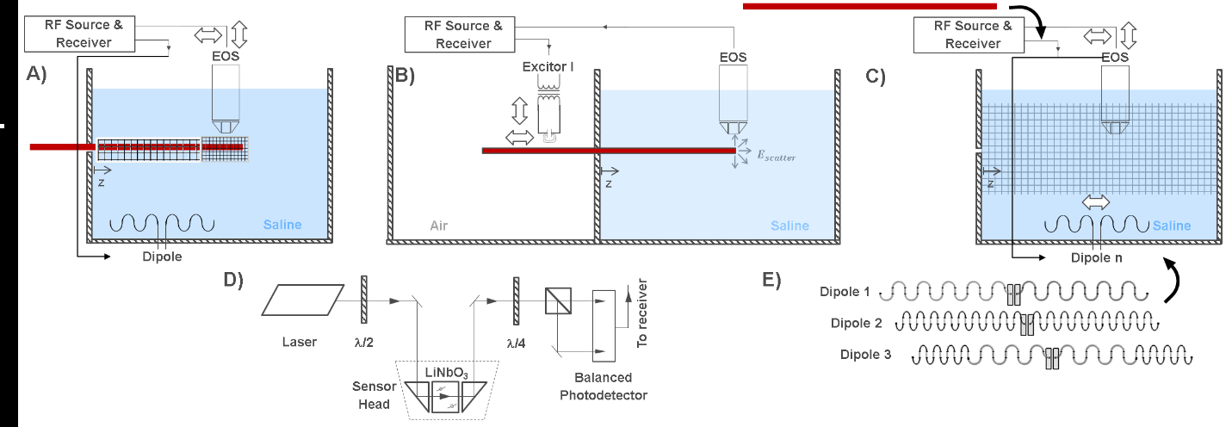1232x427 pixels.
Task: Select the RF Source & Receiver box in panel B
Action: pos(463,34)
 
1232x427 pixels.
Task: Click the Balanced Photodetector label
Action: pos(603,386)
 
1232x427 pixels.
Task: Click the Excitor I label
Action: pos(548,65)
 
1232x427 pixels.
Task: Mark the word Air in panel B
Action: pos(438,226)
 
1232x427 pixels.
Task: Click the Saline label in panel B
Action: pos(790,226)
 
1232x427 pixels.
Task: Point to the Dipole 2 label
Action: pos(857,323)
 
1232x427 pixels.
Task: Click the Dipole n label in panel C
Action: pos(1094,256)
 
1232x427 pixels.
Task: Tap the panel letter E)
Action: pos(772,281)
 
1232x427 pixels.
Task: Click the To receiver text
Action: pos(643,314)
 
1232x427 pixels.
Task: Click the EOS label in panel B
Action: pos(734,58)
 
